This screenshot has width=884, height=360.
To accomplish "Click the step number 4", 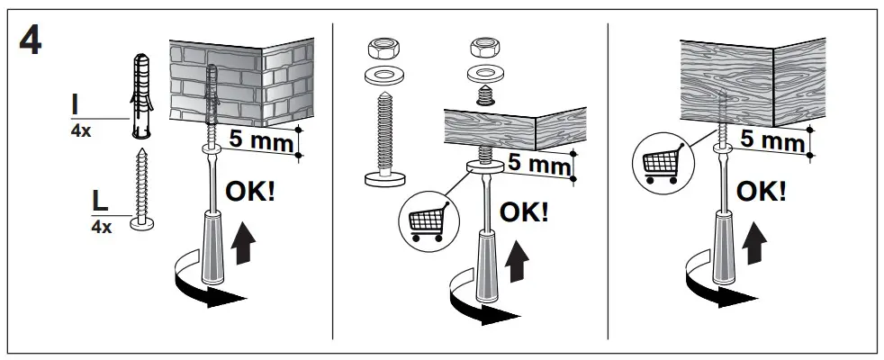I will pos(30,41).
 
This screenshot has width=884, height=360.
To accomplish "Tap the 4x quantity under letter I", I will pos(80,130).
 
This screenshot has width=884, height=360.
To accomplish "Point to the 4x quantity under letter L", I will pos(101,228).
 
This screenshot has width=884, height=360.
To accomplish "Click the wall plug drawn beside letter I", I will pos(141,94).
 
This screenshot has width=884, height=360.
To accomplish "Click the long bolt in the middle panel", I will pos(383,144).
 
